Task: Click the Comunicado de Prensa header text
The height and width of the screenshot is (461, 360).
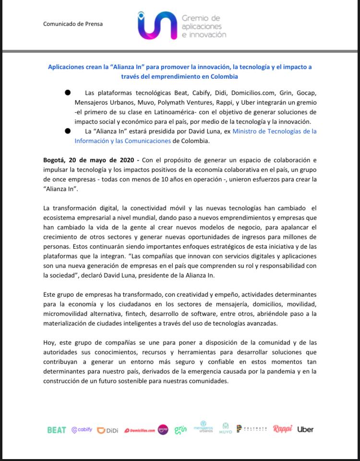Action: click(x=72, y=24)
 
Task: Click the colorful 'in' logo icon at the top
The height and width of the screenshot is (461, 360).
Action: click(x=156, y=25)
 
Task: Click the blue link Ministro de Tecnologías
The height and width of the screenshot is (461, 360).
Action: click(x=274, y=131)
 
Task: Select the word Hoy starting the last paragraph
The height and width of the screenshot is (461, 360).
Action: click(x=49, y=342)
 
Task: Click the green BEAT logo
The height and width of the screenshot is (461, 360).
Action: click(x=56, y=430)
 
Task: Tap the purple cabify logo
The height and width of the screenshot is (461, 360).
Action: click(x=82, y=430)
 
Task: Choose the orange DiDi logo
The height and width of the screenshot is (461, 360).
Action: click(x=108, y=430)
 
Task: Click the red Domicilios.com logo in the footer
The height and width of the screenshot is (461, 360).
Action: click(x=140, y=431)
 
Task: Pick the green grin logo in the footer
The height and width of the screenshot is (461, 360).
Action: click(x=180, y=429)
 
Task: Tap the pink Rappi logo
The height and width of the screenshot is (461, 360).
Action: click(x=282, y=429)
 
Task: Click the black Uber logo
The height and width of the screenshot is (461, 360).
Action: click(x=305, y=429)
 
